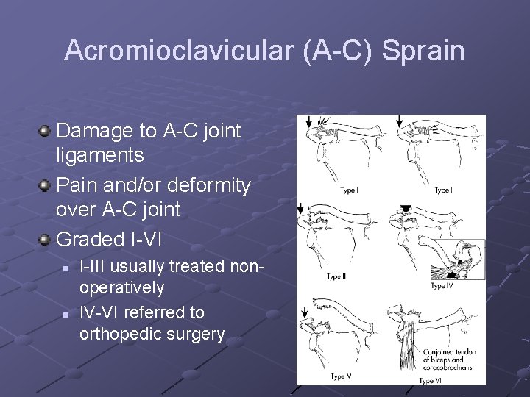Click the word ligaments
(99, 156)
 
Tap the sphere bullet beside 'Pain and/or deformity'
(46, 185)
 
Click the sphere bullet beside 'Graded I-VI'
(46, 239)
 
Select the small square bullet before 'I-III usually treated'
(66, 268)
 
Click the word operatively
(121, 287)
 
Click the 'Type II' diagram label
(443, 190)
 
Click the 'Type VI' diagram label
(431, 380)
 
